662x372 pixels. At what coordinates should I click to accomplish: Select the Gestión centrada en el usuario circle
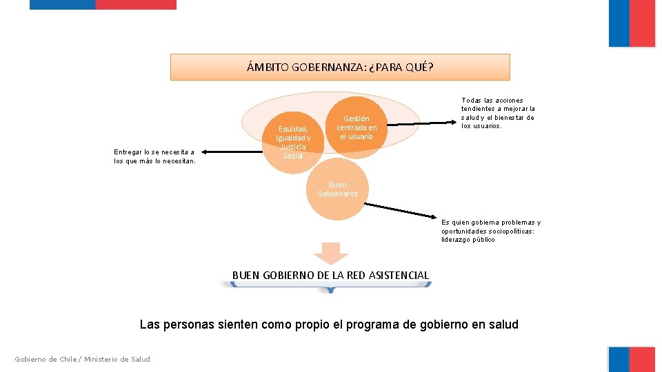(x=357, y=127)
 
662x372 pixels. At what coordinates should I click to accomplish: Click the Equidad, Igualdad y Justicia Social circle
(x=293, y=142)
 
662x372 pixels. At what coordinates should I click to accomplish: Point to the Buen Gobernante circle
(x=338, y=189)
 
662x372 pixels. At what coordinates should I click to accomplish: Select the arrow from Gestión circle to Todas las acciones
(x=421, y=124)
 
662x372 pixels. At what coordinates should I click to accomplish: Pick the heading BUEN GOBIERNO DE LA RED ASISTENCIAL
(x=330, y=276)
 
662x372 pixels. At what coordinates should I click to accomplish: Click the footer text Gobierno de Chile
(x=46, y=359)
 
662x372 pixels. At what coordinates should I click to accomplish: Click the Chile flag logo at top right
(x=632, y=23)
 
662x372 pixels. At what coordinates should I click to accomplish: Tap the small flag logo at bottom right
(x=632, y=359)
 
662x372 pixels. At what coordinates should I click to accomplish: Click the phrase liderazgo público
(x=468, y=240)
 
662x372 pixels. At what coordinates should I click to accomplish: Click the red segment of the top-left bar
(x=136, y=4)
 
